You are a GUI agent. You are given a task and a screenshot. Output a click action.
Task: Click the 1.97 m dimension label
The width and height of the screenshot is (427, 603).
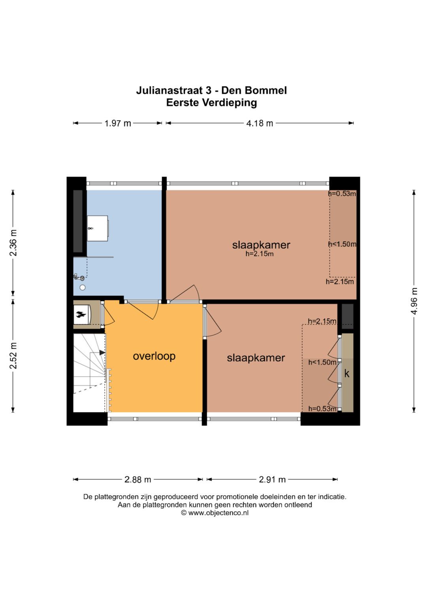[x=117, y=123]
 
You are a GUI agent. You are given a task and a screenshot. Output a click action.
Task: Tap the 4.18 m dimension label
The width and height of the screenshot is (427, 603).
[x=260, y=123]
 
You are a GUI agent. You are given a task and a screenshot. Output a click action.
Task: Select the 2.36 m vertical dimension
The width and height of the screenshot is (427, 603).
[x=13, y=243]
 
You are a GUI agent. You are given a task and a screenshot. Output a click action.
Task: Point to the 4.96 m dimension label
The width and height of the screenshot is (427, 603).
[x=414, y=301]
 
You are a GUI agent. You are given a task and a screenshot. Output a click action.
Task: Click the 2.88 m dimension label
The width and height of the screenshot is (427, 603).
[x=138, y=479]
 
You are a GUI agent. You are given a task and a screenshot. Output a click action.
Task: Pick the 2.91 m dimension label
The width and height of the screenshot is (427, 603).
[x=272, y=479]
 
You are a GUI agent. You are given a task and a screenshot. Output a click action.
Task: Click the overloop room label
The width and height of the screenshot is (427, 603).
[x=154, y=356]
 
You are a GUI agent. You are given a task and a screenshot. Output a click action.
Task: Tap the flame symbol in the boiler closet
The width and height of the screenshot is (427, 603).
[x=81, y=314]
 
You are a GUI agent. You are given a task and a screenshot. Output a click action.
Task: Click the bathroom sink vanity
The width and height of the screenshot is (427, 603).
[x=98, y=228]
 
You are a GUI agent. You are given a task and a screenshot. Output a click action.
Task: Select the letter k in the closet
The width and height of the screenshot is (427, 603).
[x=347, y=374]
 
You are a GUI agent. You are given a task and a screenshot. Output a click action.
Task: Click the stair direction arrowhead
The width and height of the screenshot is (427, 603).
[x=102, y=352]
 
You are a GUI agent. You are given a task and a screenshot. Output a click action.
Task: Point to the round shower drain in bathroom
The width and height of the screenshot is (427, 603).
[x=83, y=287]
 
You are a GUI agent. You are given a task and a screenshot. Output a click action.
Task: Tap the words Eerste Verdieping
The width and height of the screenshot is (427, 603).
[x=212, y=103]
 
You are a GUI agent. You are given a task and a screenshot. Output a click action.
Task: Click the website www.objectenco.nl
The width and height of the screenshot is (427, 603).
[x=218, y=513]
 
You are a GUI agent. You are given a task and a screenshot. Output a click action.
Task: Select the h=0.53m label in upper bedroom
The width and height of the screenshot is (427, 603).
[x=342, y=193]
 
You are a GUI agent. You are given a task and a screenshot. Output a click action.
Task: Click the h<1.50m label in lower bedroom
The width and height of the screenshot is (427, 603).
[x=322, y=363]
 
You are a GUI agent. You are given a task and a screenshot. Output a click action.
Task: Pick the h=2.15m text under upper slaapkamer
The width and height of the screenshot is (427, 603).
[x=259, y=254]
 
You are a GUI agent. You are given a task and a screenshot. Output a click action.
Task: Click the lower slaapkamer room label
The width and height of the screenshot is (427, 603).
[x=256, y=358]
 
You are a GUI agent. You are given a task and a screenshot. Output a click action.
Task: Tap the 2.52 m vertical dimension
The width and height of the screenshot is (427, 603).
[x=13, y=355]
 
